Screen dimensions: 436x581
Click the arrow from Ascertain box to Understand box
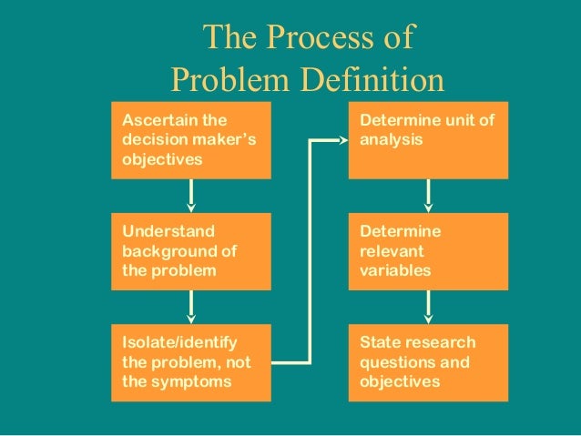(x=191, y=195)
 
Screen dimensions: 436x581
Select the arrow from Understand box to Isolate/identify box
(x=191, y=306)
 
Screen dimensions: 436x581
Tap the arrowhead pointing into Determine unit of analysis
(x=344, y=140)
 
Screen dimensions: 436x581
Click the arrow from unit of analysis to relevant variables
(x=429, y=195)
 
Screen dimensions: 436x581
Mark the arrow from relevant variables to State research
(x=429, y=306)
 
